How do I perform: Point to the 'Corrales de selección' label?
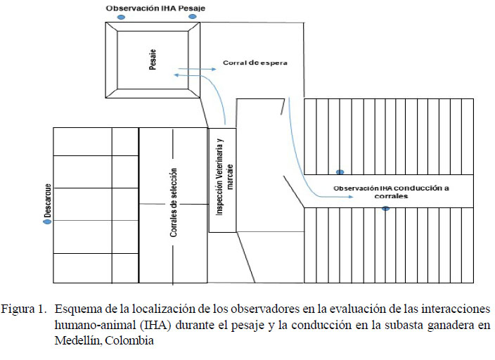(173, 202)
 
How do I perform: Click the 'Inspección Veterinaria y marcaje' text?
(224, 179)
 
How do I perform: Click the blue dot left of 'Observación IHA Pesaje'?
(121, 16)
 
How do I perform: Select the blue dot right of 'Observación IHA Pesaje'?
(193, 16)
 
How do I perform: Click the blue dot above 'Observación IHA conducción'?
(340, 172)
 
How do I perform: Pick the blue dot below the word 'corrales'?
(385, 209)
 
